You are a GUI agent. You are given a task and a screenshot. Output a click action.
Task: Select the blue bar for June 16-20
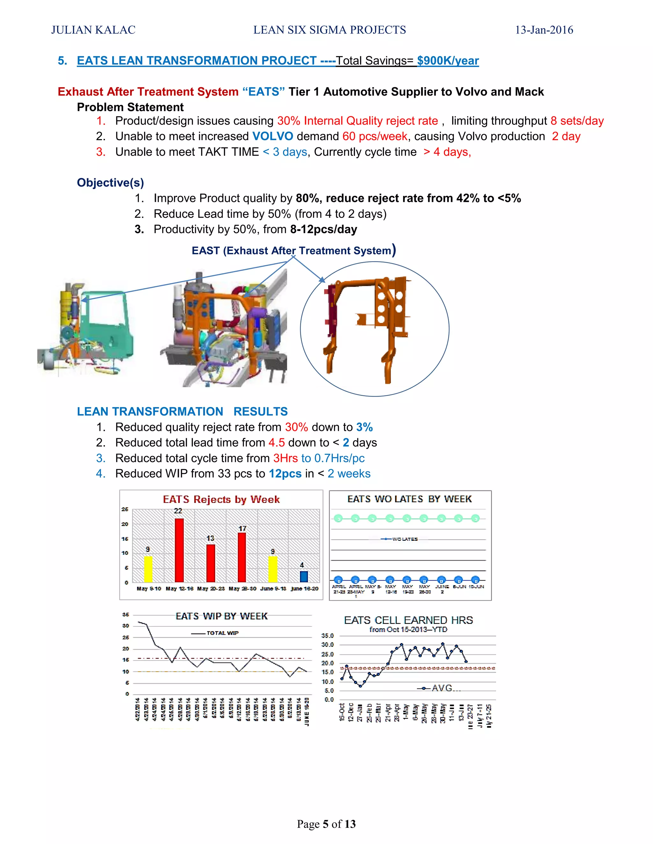tap(304, 576)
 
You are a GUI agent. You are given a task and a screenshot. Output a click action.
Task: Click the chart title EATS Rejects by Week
tap(221, 499)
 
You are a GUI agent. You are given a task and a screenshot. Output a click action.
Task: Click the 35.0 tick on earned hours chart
tap(327, 636)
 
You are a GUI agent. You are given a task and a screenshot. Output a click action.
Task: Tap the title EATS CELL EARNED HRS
tap(408, 620)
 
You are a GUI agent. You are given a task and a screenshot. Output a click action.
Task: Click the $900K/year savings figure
tap(448, 61)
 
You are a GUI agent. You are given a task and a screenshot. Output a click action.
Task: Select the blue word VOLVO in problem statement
tap(273, 136)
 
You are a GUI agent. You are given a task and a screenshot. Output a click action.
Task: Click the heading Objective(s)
tap(110, 182)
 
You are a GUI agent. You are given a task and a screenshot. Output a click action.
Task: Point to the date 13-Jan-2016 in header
tap(544, 30)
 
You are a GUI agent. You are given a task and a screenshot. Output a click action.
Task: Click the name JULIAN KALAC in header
tap(93, 30)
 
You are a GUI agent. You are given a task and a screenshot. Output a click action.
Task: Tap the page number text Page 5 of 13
tap(326, 824)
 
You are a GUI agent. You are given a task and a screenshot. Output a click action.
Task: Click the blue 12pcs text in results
tap(285, 474)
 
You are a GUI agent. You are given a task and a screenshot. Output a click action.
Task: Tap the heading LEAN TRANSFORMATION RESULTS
tap(182, 411)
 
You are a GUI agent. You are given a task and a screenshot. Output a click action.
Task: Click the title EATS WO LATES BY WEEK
tap(409, 499)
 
